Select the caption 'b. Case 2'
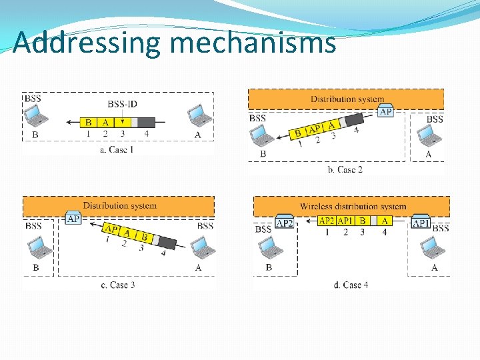click(345, 169)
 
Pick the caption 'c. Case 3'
click(118, 285)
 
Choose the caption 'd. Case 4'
click(351, 285)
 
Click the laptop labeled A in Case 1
click(198, 115)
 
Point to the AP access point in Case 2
click(385, 111)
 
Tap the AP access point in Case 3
click(73, 218)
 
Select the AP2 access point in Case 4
click(285, 222)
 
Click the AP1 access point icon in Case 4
click(421, 222)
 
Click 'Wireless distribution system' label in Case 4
click(353, 207)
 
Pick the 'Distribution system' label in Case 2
click(347, 99)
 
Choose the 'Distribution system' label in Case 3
click(119, 205)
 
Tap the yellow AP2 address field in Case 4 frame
click(327, 221)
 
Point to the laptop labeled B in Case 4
click(270, 248)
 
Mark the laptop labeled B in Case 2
click(262, 136)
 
